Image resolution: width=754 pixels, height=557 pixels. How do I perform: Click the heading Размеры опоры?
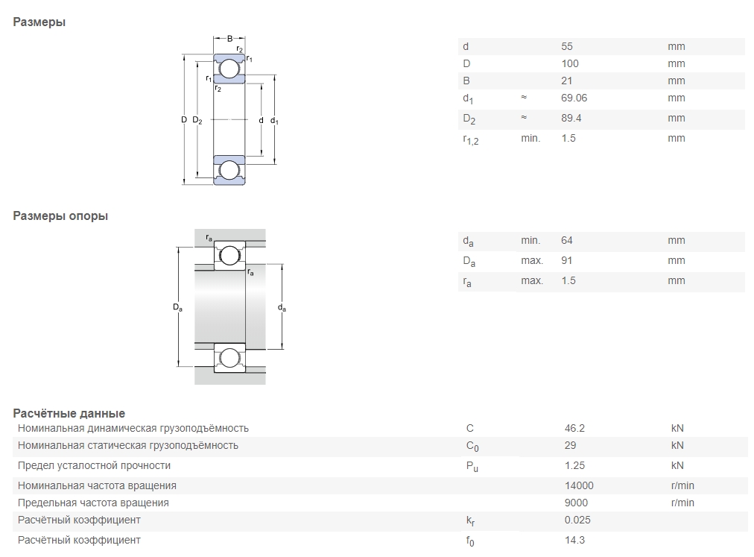click(60, 216)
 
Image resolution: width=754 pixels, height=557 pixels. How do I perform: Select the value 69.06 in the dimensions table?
click(574, 98)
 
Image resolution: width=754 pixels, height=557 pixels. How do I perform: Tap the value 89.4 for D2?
click(571, 118)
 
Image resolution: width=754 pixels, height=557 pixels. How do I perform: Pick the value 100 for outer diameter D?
click(570, 63)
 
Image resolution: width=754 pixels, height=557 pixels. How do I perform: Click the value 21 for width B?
click(567, 81)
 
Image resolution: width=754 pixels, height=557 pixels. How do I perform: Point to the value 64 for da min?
click(567, 240)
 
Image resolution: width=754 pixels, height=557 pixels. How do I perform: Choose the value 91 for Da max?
click(567, 260)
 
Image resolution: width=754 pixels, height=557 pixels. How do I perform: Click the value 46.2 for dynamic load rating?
click(575, 428)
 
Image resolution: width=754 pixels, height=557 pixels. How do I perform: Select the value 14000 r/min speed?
click(580, 485)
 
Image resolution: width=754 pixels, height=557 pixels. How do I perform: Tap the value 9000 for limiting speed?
click(577, 503)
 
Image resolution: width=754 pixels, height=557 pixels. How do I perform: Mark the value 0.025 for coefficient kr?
click(577, 520)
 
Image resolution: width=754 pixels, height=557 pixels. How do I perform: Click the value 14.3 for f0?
click(574, 540)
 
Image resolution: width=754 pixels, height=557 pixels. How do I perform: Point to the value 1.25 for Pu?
click(574, 465)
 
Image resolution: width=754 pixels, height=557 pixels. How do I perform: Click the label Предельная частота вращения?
click(93, 503)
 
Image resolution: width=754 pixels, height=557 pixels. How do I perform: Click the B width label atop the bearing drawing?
click(229, 39)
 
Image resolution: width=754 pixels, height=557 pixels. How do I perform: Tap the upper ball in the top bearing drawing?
click(229, 69)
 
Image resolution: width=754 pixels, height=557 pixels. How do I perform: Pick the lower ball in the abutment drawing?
click(230, 357)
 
